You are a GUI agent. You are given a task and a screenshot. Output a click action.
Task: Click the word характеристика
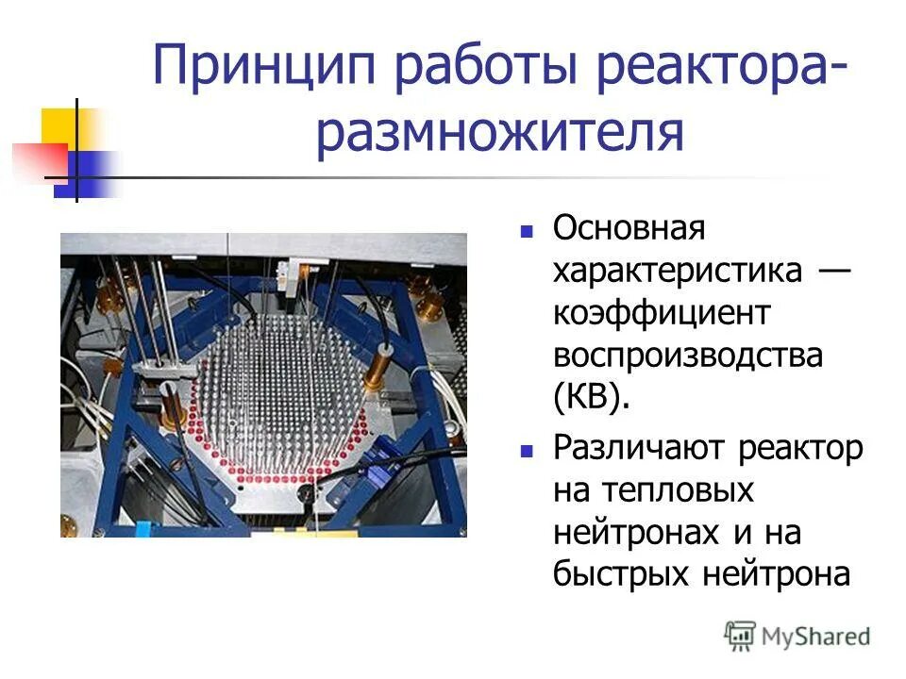click(678, 272)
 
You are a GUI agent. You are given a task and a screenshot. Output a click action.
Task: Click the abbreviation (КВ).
click(591, 400)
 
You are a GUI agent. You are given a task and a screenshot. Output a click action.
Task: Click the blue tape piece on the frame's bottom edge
click(142, 529)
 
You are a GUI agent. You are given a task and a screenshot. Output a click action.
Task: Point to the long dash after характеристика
click(830, 272)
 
